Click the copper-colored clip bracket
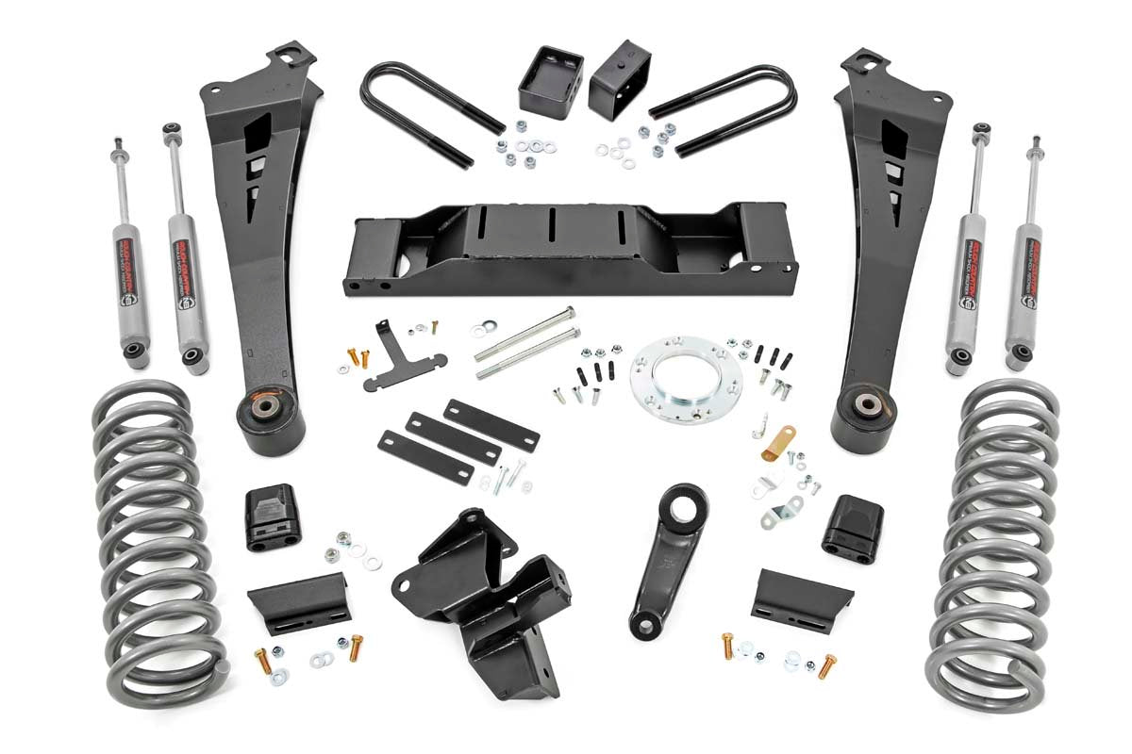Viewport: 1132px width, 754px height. tap(779, 444)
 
